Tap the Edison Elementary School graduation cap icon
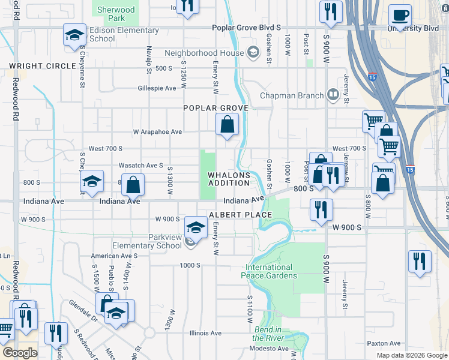pyautogui.click(x=74, y=35)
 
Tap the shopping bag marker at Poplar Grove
pyautogui.click(x=228, y=125)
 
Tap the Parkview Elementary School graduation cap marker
pyautogui.click(x=196, y=227)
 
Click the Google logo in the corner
pyautogui.click(x=20, y=353)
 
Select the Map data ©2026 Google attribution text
pyautogui.click(x=412, y=355)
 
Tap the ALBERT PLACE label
pyautogui.click(x=240, y=215)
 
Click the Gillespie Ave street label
pyautogui.click(x=157, y=88)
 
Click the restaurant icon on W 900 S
pyautogui.click(x=322, y=209)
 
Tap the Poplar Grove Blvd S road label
pyautogui.click(x=247, y=28)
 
